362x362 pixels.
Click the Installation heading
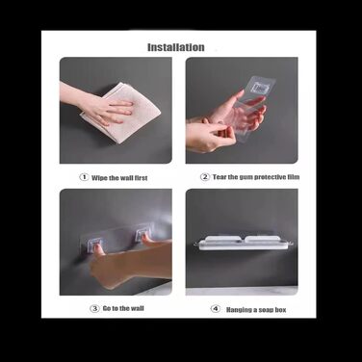tap(176, 47)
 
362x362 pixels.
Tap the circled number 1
tap(84, 177)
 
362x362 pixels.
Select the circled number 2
tap(205, 177)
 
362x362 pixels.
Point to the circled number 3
tap(94, 309)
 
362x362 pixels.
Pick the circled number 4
tap(216, 309)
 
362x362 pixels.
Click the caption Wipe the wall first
tap(119, 178)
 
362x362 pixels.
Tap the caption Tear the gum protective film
tap(256, 177)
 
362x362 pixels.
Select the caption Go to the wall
tap(123, 308)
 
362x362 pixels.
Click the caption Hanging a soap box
tap(256, 310)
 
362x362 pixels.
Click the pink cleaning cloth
tap(123, 114)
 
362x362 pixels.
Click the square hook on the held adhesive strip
tap(261, 88)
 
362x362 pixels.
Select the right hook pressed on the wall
tap(142, 235)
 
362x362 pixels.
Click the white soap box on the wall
tap(244, 243)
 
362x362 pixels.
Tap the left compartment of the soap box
tap(222, 240)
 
